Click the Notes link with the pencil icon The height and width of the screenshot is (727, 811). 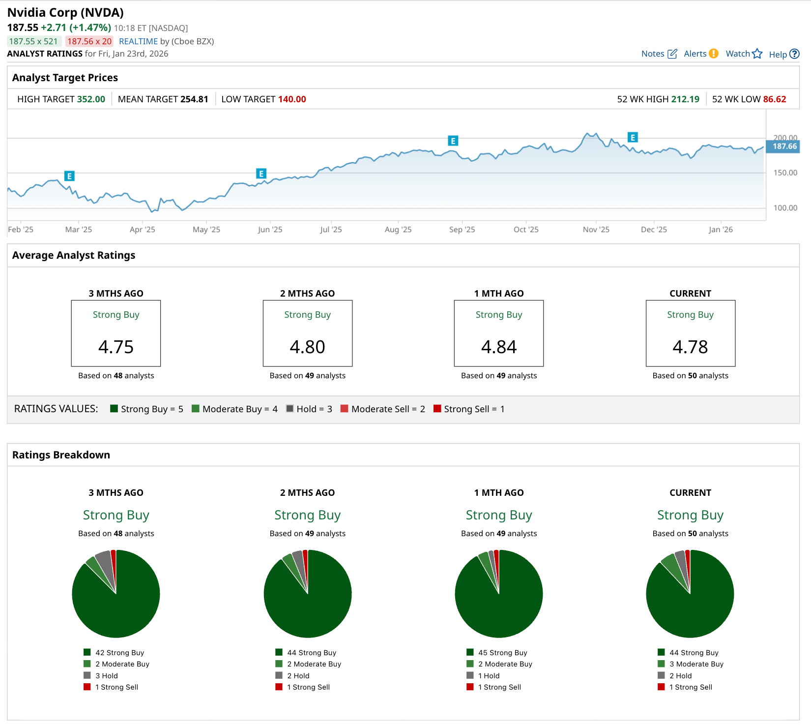click(x=659, y=54)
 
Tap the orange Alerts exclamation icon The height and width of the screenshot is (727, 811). click(x=714, y=54)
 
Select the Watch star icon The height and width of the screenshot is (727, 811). click(x=757, y=54)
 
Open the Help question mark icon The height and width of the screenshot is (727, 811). click(x=794, y=54)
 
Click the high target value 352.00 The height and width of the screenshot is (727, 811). click(x=91, y=99)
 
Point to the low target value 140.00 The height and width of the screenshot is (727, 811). click(x=292, y=99)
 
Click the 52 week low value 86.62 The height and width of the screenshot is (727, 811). click(x=775, y=99)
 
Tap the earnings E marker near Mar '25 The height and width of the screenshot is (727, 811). click(x=69, y=176)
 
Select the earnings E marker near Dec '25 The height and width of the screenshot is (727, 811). click(x=633, y=137)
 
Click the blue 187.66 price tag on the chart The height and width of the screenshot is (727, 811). click(x=784, y=147)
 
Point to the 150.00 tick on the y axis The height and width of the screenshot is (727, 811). click(x=785, y=173)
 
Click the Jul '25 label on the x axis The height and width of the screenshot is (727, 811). click(x=331, y=230)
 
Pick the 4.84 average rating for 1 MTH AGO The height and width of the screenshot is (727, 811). click(x=499, y=347)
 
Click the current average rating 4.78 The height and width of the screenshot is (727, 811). click(x=690, y=347)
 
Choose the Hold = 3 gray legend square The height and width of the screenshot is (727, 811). click(x=290, y=409)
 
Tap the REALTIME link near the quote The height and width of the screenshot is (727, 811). click(x=138, y=41)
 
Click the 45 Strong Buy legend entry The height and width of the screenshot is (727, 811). click(x=502, y=653)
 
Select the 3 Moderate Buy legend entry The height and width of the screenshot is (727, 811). click(x=696, y=664)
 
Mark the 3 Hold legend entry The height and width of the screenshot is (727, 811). click(x=106, y=676)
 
